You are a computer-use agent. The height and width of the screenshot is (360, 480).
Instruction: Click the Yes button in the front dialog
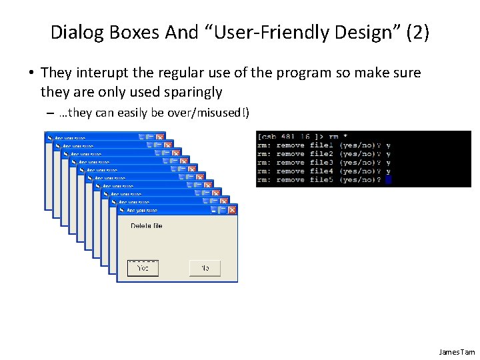143,268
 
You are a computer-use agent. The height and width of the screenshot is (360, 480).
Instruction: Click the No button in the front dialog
205,268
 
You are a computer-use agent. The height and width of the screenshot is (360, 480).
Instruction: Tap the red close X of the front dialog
232,210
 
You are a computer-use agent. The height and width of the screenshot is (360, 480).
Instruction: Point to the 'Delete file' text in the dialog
146,226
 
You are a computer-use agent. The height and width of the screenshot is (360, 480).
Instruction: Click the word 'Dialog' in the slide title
73,33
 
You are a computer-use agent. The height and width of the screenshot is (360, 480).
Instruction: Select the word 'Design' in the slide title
361,33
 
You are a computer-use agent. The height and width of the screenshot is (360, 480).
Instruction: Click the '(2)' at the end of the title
417,33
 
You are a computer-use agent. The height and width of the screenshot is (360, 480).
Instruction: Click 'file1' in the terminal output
321,145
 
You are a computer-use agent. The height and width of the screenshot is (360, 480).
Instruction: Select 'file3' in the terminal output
321,163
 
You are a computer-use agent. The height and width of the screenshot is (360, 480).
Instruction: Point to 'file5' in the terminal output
321,180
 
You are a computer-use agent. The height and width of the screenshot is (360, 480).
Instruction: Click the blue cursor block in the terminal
389,180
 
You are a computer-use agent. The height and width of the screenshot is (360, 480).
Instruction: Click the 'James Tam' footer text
457,352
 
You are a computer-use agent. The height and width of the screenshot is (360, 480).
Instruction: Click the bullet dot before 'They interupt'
31,73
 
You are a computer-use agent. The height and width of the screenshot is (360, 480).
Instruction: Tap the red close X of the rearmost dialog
159,137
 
